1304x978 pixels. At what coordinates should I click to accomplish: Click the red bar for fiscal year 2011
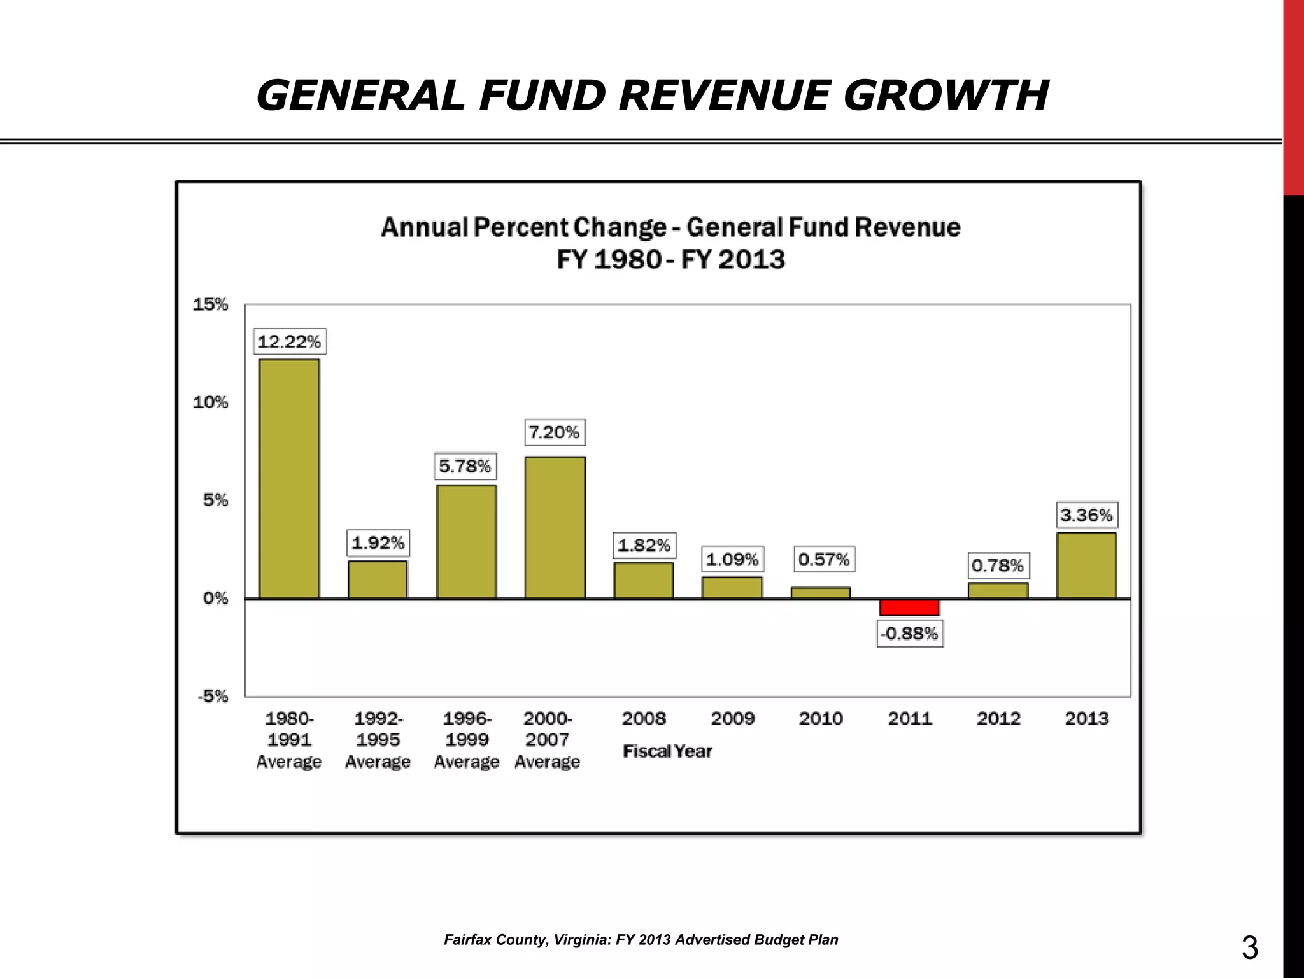pyautogui.click(x=909, y=607)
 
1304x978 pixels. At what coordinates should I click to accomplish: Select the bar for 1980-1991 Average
pyautogui.click(x=289, y=479)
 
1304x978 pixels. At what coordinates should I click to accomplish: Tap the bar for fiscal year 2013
pyautogui.click(x=1086, y=565)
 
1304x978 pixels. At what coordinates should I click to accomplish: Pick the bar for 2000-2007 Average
pyautogui.click(x=555, y=528)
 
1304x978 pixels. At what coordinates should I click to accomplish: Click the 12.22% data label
pyautogui.click(x=289, y=342)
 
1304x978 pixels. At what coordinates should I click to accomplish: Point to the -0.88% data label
pyautogui.click(x=909, y=634)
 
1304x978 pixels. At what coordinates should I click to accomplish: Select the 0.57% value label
pyautogui.click(x=824, y=560)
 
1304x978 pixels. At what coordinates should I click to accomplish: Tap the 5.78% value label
pyautogui.click(x=465, y=467)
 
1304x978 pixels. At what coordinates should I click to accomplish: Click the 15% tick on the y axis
pyautogui.click(x=210, y=304)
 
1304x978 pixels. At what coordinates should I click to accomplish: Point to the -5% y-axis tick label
pyautogui.click(x=213, y=696)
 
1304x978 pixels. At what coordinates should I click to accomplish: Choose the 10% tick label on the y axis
pyautogui.click(x=210, y=402)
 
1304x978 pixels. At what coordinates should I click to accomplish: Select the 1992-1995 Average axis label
pyautogui.click(x=378, y=740)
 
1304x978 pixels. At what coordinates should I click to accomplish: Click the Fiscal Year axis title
pyautogui.click(x=667, y=751)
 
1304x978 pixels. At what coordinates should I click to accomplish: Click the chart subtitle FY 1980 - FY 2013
pyautogui.click(x=670, y=260)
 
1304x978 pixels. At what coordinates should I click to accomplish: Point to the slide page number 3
pyautogui.click(x=1249, y=948)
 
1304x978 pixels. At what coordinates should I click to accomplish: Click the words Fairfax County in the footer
pyautogui.click(x=496, y=940)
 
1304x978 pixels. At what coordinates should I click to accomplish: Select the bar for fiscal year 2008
pyautogui.click(x=644, y=580)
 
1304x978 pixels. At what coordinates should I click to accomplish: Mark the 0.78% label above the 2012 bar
pyautogui.click(x=997, y=565)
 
